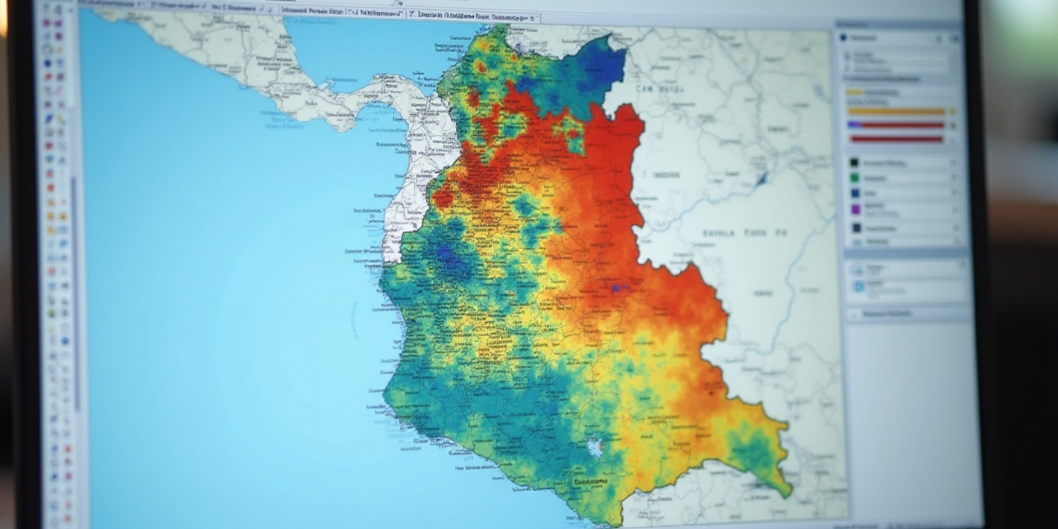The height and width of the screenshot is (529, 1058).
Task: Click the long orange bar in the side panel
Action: [896, 112]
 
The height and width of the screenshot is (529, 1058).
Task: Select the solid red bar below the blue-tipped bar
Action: [896, 139]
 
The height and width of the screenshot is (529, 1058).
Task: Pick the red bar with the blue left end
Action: [896, 125]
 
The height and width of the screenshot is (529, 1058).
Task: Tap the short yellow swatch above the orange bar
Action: [855, 92]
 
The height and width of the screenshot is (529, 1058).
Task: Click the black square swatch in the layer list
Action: [855, 162]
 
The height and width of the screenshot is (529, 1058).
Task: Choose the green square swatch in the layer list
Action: [855, 178]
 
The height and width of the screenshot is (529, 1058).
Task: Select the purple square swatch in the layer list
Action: [855, 210]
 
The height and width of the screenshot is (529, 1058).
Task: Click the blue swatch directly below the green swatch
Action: [855, 194]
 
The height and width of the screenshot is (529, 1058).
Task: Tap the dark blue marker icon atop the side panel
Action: [844, 37]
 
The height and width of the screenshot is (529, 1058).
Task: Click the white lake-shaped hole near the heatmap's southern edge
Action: [595, 447]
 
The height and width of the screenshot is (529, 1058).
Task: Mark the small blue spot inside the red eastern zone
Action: [616, 288]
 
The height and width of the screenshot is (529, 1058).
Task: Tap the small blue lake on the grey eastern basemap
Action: [761, 179]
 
